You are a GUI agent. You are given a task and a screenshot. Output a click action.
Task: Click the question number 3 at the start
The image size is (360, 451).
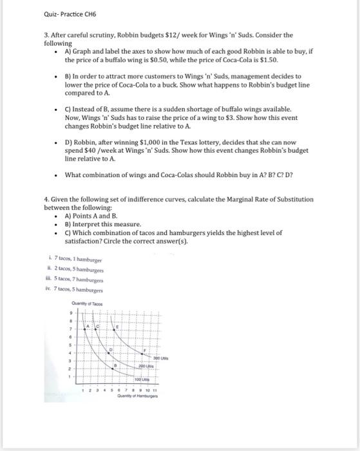pyautogui.click(x=46, y=35)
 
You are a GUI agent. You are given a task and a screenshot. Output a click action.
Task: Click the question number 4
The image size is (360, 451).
pyautogui.click(x=46, y=200)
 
